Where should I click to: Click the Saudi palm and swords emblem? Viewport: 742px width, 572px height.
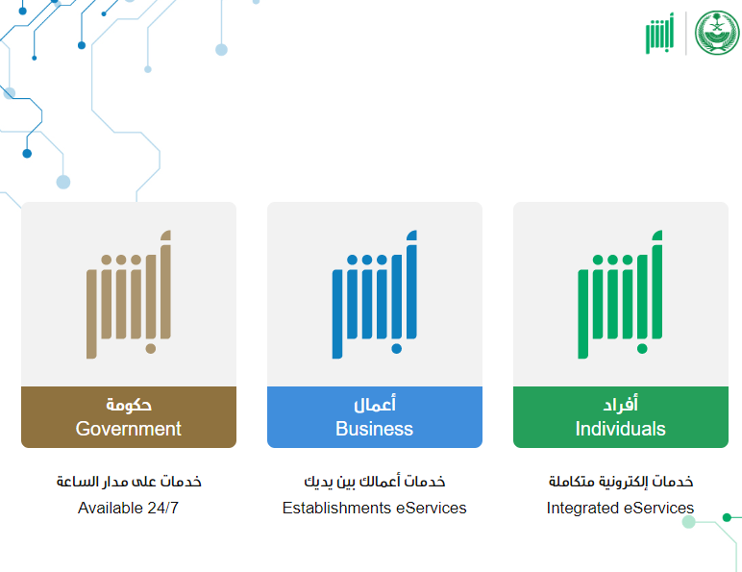tap(717, 33)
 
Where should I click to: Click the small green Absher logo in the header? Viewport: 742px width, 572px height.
tap(659, 33)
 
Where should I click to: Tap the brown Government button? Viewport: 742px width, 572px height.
tap(129, 416)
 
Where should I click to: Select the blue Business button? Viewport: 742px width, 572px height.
tap(375, 416)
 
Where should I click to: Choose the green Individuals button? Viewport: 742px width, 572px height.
tap(621, 416)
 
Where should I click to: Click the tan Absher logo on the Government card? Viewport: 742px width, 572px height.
tap(129, 294)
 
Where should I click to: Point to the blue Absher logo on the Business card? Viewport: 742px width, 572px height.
tap(375, 294)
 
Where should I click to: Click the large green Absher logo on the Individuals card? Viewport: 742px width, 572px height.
tap(620, 294)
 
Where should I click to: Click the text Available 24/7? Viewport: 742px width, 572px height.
tap(128, 508)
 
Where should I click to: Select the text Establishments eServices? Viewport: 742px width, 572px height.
tap(374, 508)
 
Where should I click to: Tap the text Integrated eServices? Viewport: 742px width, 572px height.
tap(620, 508)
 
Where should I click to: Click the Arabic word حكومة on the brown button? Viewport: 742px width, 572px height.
tap(129, 405)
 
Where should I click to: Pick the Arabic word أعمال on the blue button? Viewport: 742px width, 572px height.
tap(375, 404)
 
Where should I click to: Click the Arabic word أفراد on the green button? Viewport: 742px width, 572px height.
tap(620, 404)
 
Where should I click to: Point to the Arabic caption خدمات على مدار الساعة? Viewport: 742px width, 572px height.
tap(129, 482)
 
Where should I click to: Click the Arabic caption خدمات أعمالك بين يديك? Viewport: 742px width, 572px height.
tap(375, 482)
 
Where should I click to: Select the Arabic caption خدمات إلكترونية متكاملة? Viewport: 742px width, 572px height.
tap(621, 482)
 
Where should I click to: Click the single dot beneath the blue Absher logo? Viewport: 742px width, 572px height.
tap(397, 349)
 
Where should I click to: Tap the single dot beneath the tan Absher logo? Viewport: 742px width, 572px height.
tap(151, 349)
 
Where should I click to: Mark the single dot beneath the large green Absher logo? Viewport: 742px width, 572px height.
tap(642, 349)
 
